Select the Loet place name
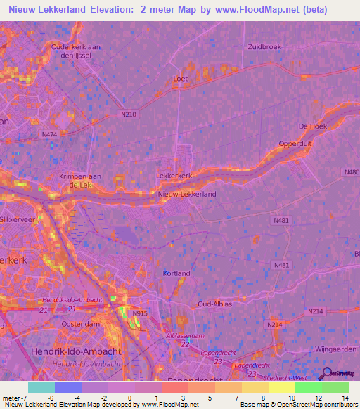coord(180,79)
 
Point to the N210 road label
coord(129,114)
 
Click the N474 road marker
coord(49,134)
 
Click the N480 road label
coord(352,171)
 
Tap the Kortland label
coord(176,273)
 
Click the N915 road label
coord(141,313)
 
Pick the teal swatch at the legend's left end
coord(41,387)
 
